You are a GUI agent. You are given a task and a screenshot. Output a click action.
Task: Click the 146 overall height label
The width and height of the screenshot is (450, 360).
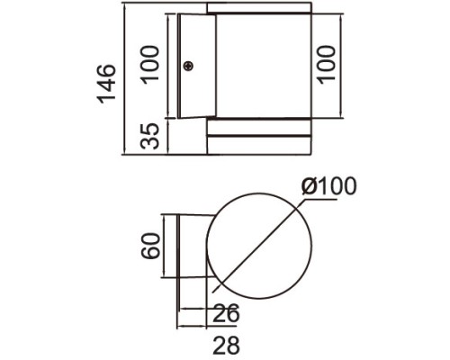tap(107, 83)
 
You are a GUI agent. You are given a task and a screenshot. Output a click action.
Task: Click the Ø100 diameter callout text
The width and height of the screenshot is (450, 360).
tap(331, 187)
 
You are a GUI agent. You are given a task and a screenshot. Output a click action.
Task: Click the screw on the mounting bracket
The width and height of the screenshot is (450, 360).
tap(189, 66)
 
